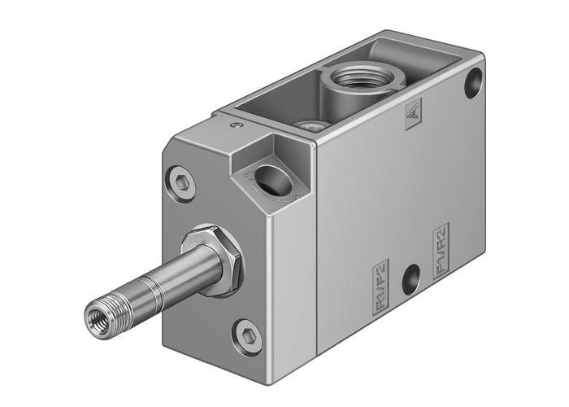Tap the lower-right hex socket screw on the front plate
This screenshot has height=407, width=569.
249,333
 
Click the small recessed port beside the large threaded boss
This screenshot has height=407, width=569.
307,125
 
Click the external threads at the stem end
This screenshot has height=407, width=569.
110,306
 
